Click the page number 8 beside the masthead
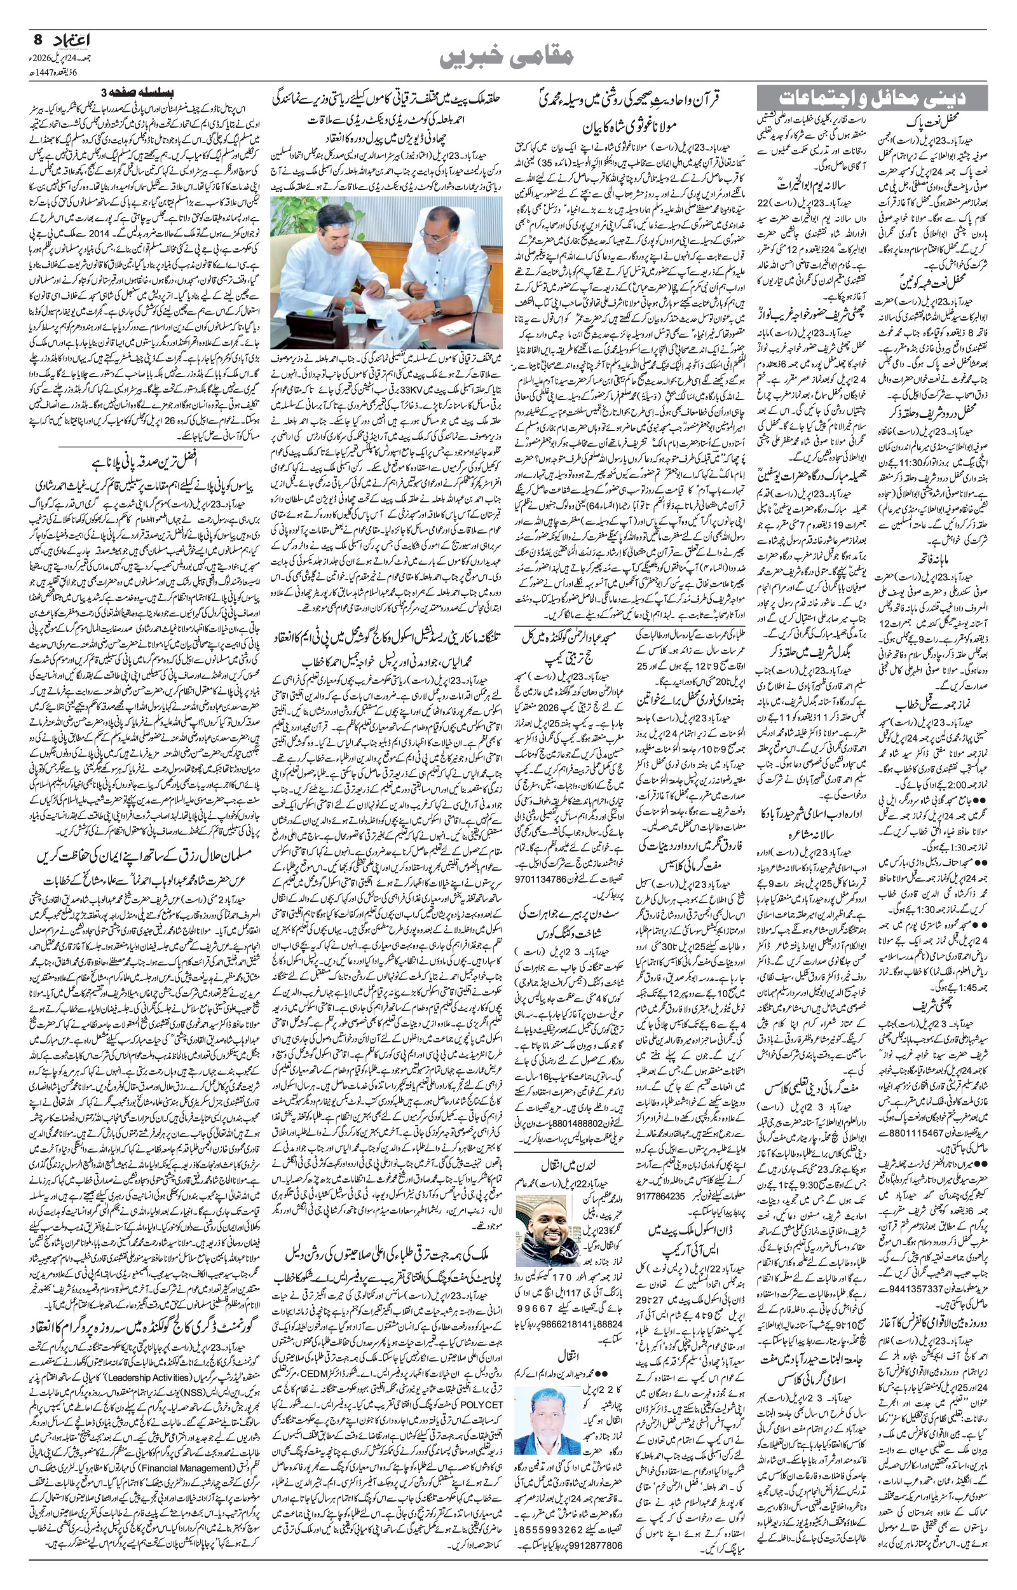37,39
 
